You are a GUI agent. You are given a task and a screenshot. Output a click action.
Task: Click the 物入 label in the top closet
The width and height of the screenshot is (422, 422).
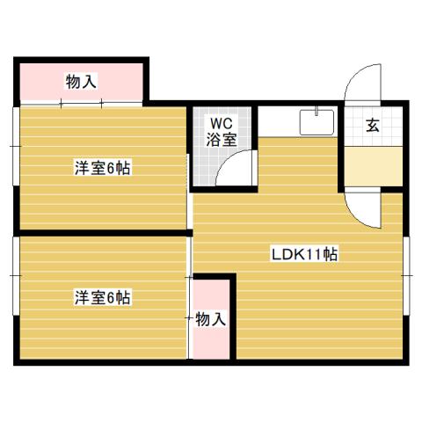[x=81, y=82]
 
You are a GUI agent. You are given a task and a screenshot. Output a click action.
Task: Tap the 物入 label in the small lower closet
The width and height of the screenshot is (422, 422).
[x=211, y=319]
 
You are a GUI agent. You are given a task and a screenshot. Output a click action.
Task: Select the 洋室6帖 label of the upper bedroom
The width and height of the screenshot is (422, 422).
[x=102, y=168]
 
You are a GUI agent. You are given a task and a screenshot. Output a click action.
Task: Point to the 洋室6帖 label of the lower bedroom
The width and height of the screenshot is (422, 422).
[x=102, y=298]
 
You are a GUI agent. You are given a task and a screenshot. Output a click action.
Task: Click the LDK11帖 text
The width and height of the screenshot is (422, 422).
[x=304, y=255]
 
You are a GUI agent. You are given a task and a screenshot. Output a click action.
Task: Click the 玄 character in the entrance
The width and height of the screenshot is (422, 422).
[x=373, y=126]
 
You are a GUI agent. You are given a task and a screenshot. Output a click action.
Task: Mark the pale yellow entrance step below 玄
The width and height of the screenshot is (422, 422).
[x=373, y=165]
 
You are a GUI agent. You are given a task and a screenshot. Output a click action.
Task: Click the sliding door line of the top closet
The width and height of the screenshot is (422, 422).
[x=81, y=104]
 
